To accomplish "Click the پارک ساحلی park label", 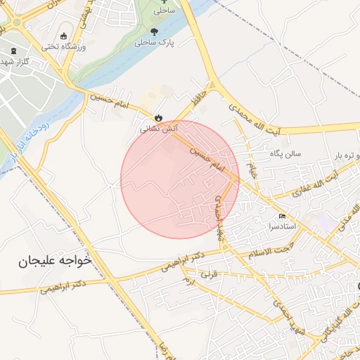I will pyautogui.click(x=154, y=42).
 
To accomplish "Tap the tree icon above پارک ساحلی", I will pyautogui.click(x=154, y=31).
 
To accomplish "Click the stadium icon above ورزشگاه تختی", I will pyautogui.click(x=64, y=37).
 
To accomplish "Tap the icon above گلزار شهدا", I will pyautogui.click(x=15, y=51).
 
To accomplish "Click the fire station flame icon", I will pyautogui.click(x=158, y=118).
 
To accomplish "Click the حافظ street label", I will pyautogui.click(x=200, y=94).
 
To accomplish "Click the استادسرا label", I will pyautogui.click(x=281, y=226).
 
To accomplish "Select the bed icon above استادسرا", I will pyautogui.click(x=282, y=216).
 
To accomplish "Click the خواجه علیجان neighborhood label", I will pyautogui.click(x=56, y=261).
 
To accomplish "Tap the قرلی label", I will pyautogui.click(x=210, y=274).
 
